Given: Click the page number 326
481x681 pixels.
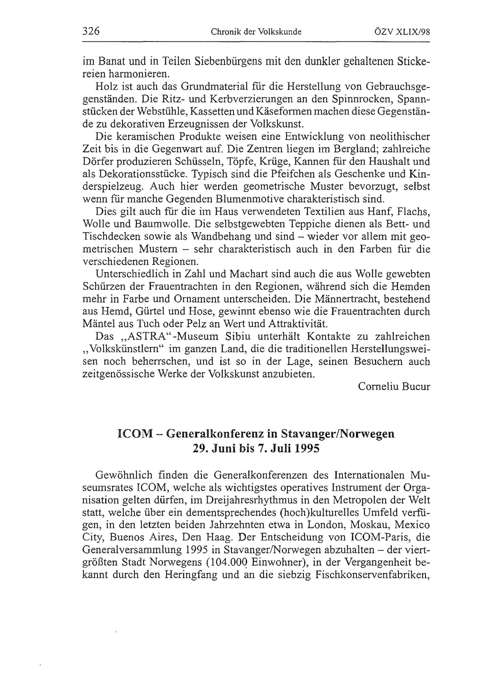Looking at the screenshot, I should pyautogui.click(x=91, y=31).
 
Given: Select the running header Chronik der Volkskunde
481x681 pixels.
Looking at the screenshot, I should pyautogui.click(x=256, y=32).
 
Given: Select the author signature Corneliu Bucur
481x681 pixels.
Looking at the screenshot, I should pyautogui.click(x=394, y=386).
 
